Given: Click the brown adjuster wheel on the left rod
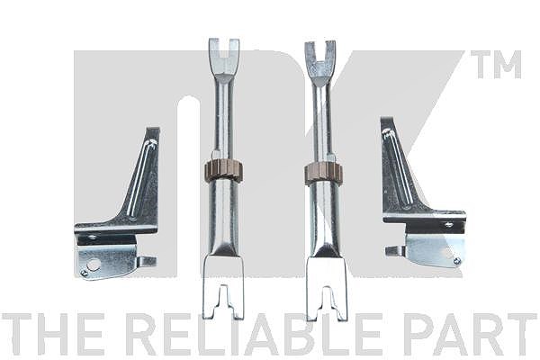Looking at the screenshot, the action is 224,170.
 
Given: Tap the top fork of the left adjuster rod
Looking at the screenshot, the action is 224,57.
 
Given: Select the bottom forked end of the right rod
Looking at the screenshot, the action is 327,289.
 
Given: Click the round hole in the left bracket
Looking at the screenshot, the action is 94,265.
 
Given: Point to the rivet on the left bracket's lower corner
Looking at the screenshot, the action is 84,274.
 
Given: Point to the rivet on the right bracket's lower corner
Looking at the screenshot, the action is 457,261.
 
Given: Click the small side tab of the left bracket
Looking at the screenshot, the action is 148,262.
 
